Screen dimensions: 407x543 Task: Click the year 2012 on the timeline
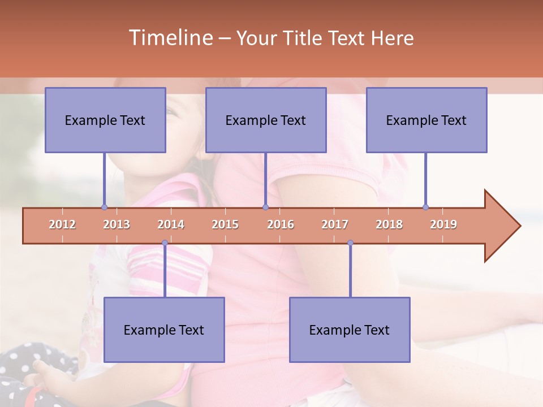[62, 224]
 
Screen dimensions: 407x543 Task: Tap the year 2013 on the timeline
[117, 224]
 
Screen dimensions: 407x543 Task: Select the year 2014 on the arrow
[171, 224]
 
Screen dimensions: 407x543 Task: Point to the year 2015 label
[225, 224]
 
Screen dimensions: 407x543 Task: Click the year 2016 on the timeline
[281, 224]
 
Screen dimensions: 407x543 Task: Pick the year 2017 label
[335, 224]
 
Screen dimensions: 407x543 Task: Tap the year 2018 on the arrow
[389, 224]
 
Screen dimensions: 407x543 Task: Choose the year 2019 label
[443, 224]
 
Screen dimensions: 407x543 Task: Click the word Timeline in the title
[170, 38]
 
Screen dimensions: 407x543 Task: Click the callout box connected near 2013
[105, 120]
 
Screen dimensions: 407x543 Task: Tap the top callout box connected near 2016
[266, 120]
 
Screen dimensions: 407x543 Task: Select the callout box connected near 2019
[426, 120]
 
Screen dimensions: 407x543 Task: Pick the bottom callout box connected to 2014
[164, 330]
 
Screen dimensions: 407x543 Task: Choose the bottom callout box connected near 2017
[350, 330]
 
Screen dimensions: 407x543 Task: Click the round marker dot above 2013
[104, 207]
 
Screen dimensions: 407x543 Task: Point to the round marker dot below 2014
[165, 243]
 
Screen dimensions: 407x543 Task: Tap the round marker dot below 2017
[350, 243]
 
